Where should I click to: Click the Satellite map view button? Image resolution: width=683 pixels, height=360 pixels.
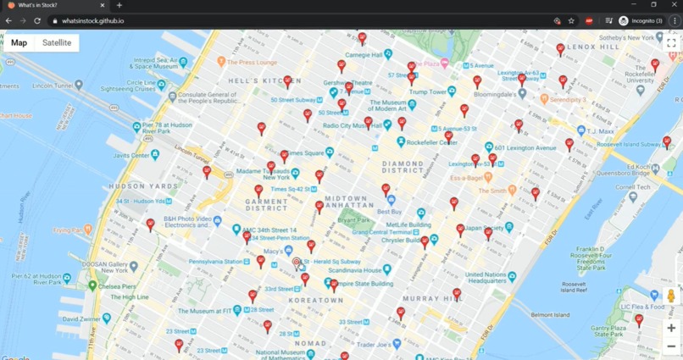coord(57,42)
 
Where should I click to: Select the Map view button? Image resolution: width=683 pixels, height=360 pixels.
coord(19,42)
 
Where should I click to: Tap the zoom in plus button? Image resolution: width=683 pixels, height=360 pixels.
coord(671,328)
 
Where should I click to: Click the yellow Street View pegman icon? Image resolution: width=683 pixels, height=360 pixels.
coord(671,296)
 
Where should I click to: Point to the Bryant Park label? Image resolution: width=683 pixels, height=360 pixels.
coord(353,220)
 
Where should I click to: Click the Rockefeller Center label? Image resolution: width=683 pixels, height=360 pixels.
coord(432,142)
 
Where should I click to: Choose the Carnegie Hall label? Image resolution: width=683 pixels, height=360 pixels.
coord(364,55)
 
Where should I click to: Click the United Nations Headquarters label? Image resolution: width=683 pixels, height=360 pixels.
coord(486,278)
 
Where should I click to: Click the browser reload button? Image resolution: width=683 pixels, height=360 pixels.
coord(37,20)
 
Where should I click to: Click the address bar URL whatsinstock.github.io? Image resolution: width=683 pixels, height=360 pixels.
coord(93,20)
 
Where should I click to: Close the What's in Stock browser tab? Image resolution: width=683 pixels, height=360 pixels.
coord(103,5)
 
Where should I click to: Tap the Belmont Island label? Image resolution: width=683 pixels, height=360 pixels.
coord(550,314)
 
